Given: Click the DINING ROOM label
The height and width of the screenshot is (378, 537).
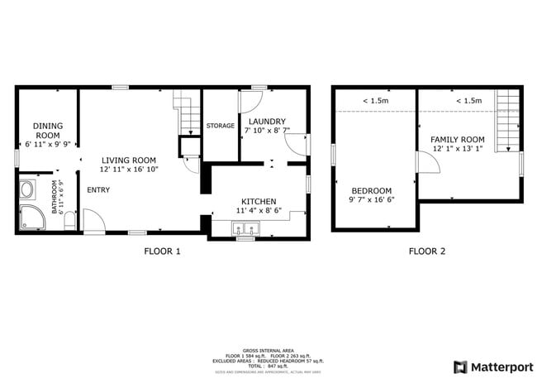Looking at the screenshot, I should point(47,130).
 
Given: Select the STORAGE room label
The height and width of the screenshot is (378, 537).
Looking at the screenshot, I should point(221,126).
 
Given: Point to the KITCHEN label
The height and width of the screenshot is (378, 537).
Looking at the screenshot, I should point(258,201).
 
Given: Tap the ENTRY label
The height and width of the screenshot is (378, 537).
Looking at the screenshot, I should point(98,190).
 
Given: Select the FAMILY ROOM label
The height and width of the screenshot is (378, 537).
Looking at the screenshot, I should point(457,139).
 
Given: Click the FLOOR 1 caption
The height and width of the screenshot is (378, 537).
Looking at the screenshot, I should point(162,251).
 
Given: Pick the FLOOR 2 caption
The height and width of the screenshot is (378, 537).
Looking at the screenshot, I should point(426,251).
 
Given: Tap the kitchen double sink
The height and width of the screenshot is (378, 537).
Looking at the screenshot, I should point(245,229).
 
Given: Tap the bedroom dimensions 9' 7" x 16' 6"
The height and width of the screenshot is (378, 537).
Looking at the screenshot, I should point(371,199).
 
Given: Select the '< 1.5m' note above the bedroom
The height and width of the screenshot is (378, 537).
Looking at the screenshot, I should point(375,101).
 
